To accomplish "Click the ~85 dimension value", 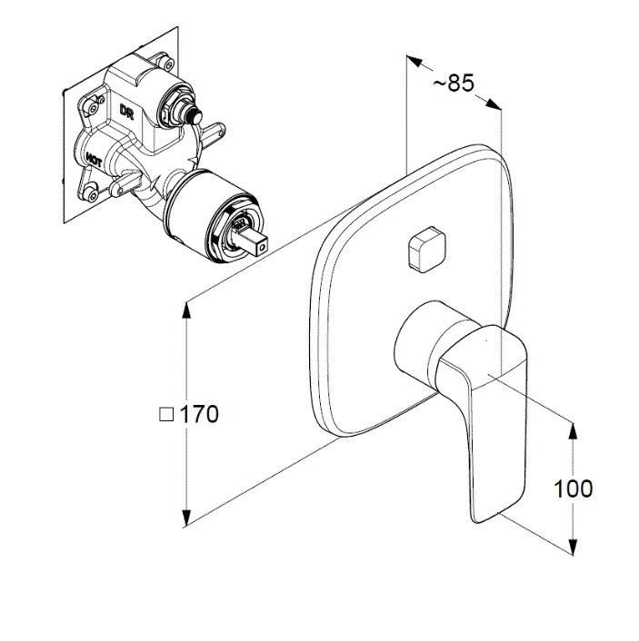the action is click(x=454, y=83).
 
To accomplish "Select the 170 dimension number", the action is click(x=199, y=415).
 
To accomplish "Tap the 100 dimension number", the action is click(x=573, y=489).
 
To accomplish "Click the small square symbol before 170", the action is click(x=166, y=415).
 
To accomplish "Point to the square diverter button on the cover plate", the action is click(x=425, y=249).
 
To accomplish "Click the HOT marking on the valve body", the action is click(x=94, y=159).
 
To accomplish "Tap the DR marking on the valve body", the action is click(x=126, y=111).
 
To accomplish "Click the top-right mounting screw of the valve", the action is click(x=167, y=63).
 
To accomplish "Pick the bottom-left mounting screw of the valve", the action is click(x=91, y=193).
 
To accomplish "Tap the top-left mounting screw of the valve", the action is click(x=92, y=107).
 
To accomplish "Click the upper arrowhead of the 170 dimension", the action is click(x=186, y=310).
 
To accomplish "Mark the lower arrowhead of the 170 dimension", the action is click(x=186, y=518).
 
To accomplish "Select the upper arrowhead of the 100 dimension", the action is click(x=573, y=431).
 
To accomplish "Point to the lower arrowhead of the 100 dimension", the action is click(x=573, y=547).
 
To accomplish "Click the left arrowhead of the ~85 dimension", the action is click(x=414, y=62).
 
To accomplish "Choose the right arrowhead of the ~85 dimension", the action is click(x=494, y=104).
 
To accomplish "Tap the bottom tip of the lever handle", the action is click(x=478, y=521).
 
